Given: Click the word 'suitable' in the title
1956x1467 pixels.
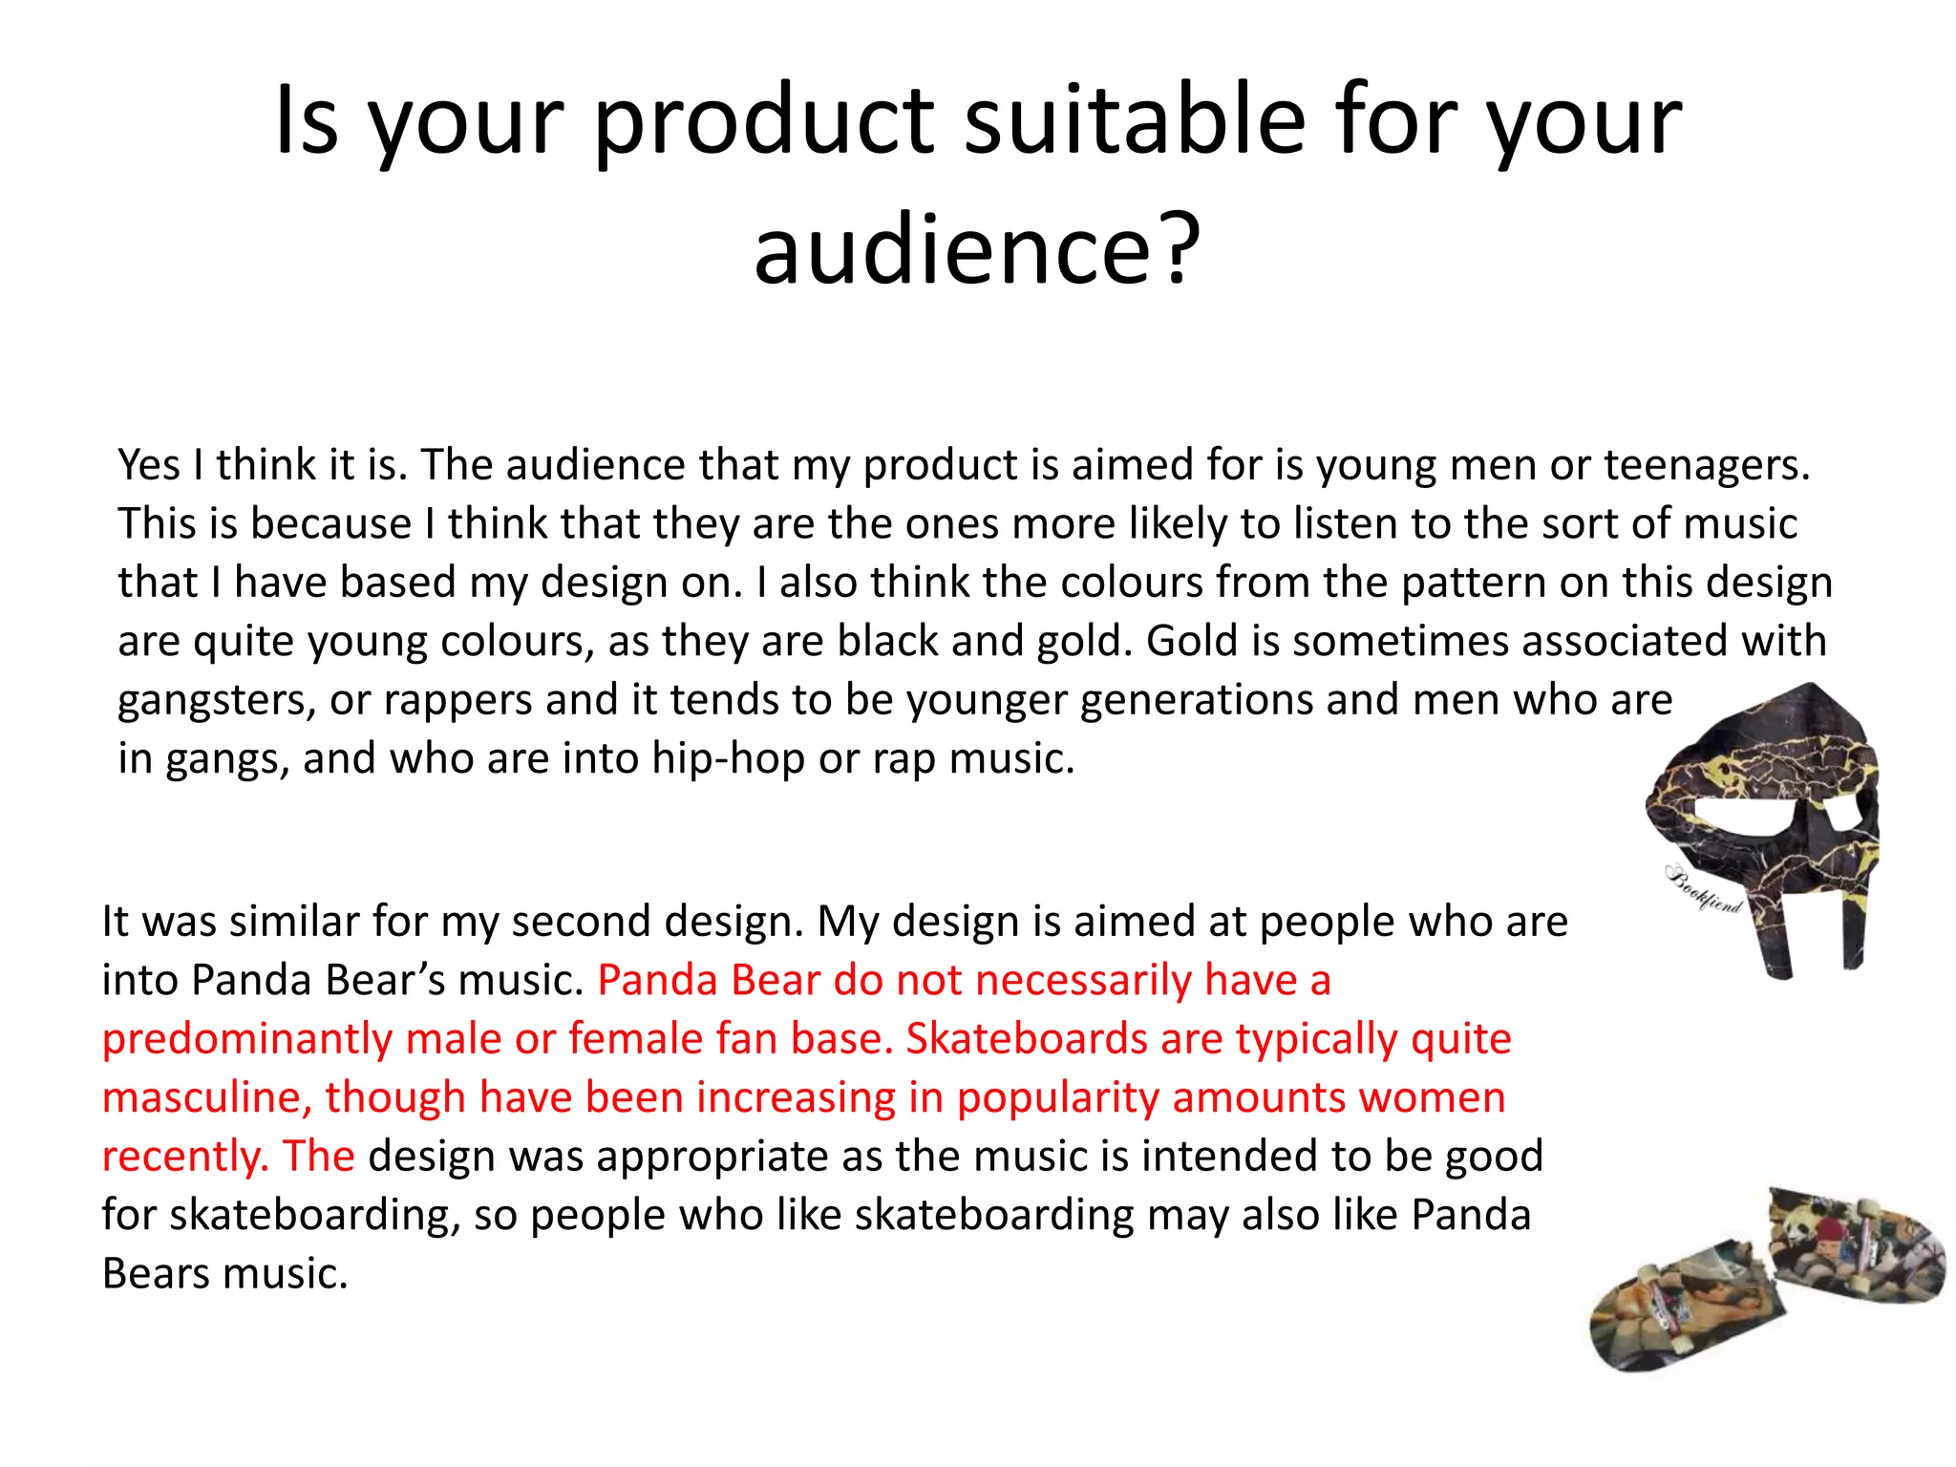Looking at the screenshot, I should click(1135, 121).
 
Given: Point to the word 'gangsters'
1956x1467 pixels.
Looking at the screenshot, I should click(217, 701).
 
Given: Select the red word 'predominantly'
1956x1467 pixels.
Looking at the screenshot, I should click(246, 1039).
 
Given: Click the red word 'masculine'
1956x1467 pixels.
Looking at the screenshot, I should click(206, 1098).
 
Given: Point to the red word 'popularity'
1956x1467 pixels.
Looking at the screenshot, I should click(1057, 1098).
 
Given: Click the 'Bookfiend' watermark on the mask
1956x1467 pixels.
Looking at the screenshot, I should click(1704, 889).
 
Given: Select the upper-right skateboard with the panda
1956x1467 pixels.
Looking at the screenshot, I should click(1855, 1242).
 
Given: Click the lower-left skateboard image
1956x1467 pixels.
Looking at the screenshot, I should click(1683, 1308).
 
